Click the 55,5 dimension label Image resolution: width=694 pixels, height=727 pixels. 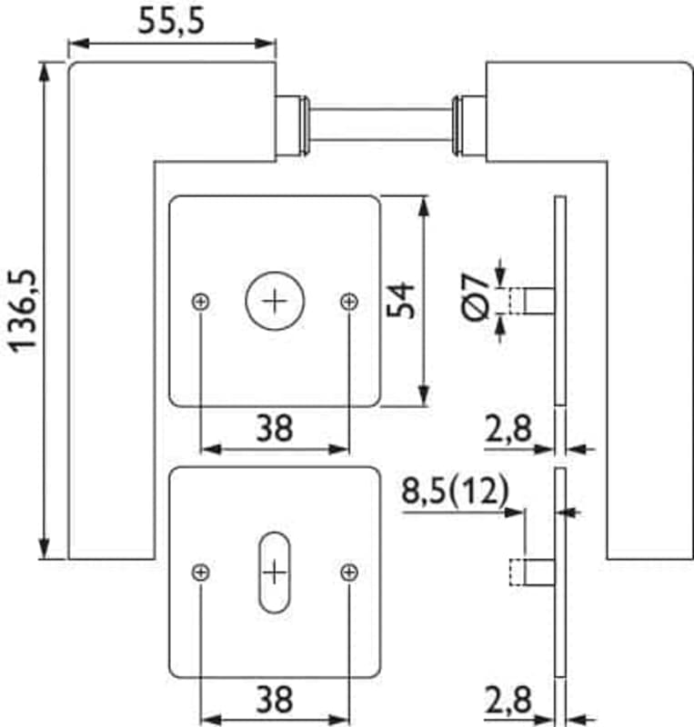[x=171, y=22]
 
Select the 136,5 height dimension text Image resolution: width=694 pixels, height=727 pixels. [x=24, y=311]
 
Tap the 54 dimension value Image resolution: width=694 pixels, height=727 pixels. [x=400, y=301]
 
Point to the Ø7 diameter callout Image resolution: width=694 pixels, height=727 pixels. [x=476, y=297]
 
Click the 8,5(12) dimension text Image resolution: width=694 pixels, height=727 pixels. [x=456, y=491]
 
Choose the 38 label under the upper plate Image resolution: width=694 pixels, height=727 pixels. [x=275, y=428]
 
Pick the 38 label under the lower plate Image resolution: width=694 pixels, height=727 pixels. [x=275, y=699]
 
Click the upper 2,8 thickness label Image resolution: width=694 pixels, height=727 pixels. [x=508, y=428]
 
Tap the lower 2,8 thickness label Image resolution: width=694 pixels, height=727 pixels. [x=508, y=700]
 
